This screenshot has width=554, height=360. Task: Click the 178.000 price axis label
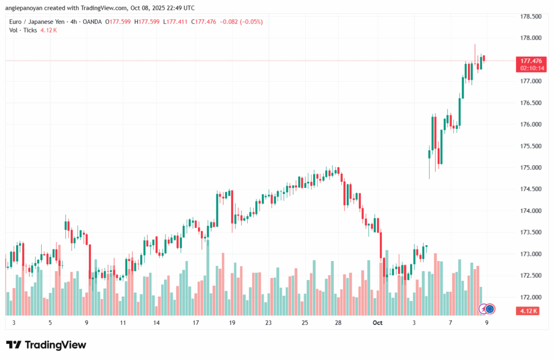pos(531,38)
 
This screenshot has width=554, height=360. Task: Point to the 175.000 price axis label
pos(531,168)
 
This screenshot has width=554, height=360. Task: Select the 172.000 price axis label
pos(531,297)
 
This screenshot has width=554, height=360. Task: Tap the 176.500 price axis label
pos(531,103)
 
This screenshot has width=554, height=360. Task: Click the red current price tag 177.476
pos(531,61)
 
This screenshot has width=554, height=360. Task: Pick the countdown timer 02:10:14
pos(531,69)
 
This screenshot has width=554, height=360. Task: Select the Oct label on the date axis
pos(378,323)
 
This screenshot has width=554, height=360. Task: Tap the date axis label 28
pos(338,323)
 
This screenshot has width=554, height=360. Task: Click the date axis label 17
pos(195,323)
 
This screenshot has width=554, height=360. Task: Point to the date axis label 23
pos(268,323)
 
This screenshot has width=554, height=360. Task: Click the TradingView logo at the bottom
pos(46,345)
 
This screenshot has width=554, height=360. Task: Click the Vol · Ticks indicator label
pos(23,30)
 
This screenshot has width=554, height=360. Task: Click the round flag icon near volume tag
pos(490,309)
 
